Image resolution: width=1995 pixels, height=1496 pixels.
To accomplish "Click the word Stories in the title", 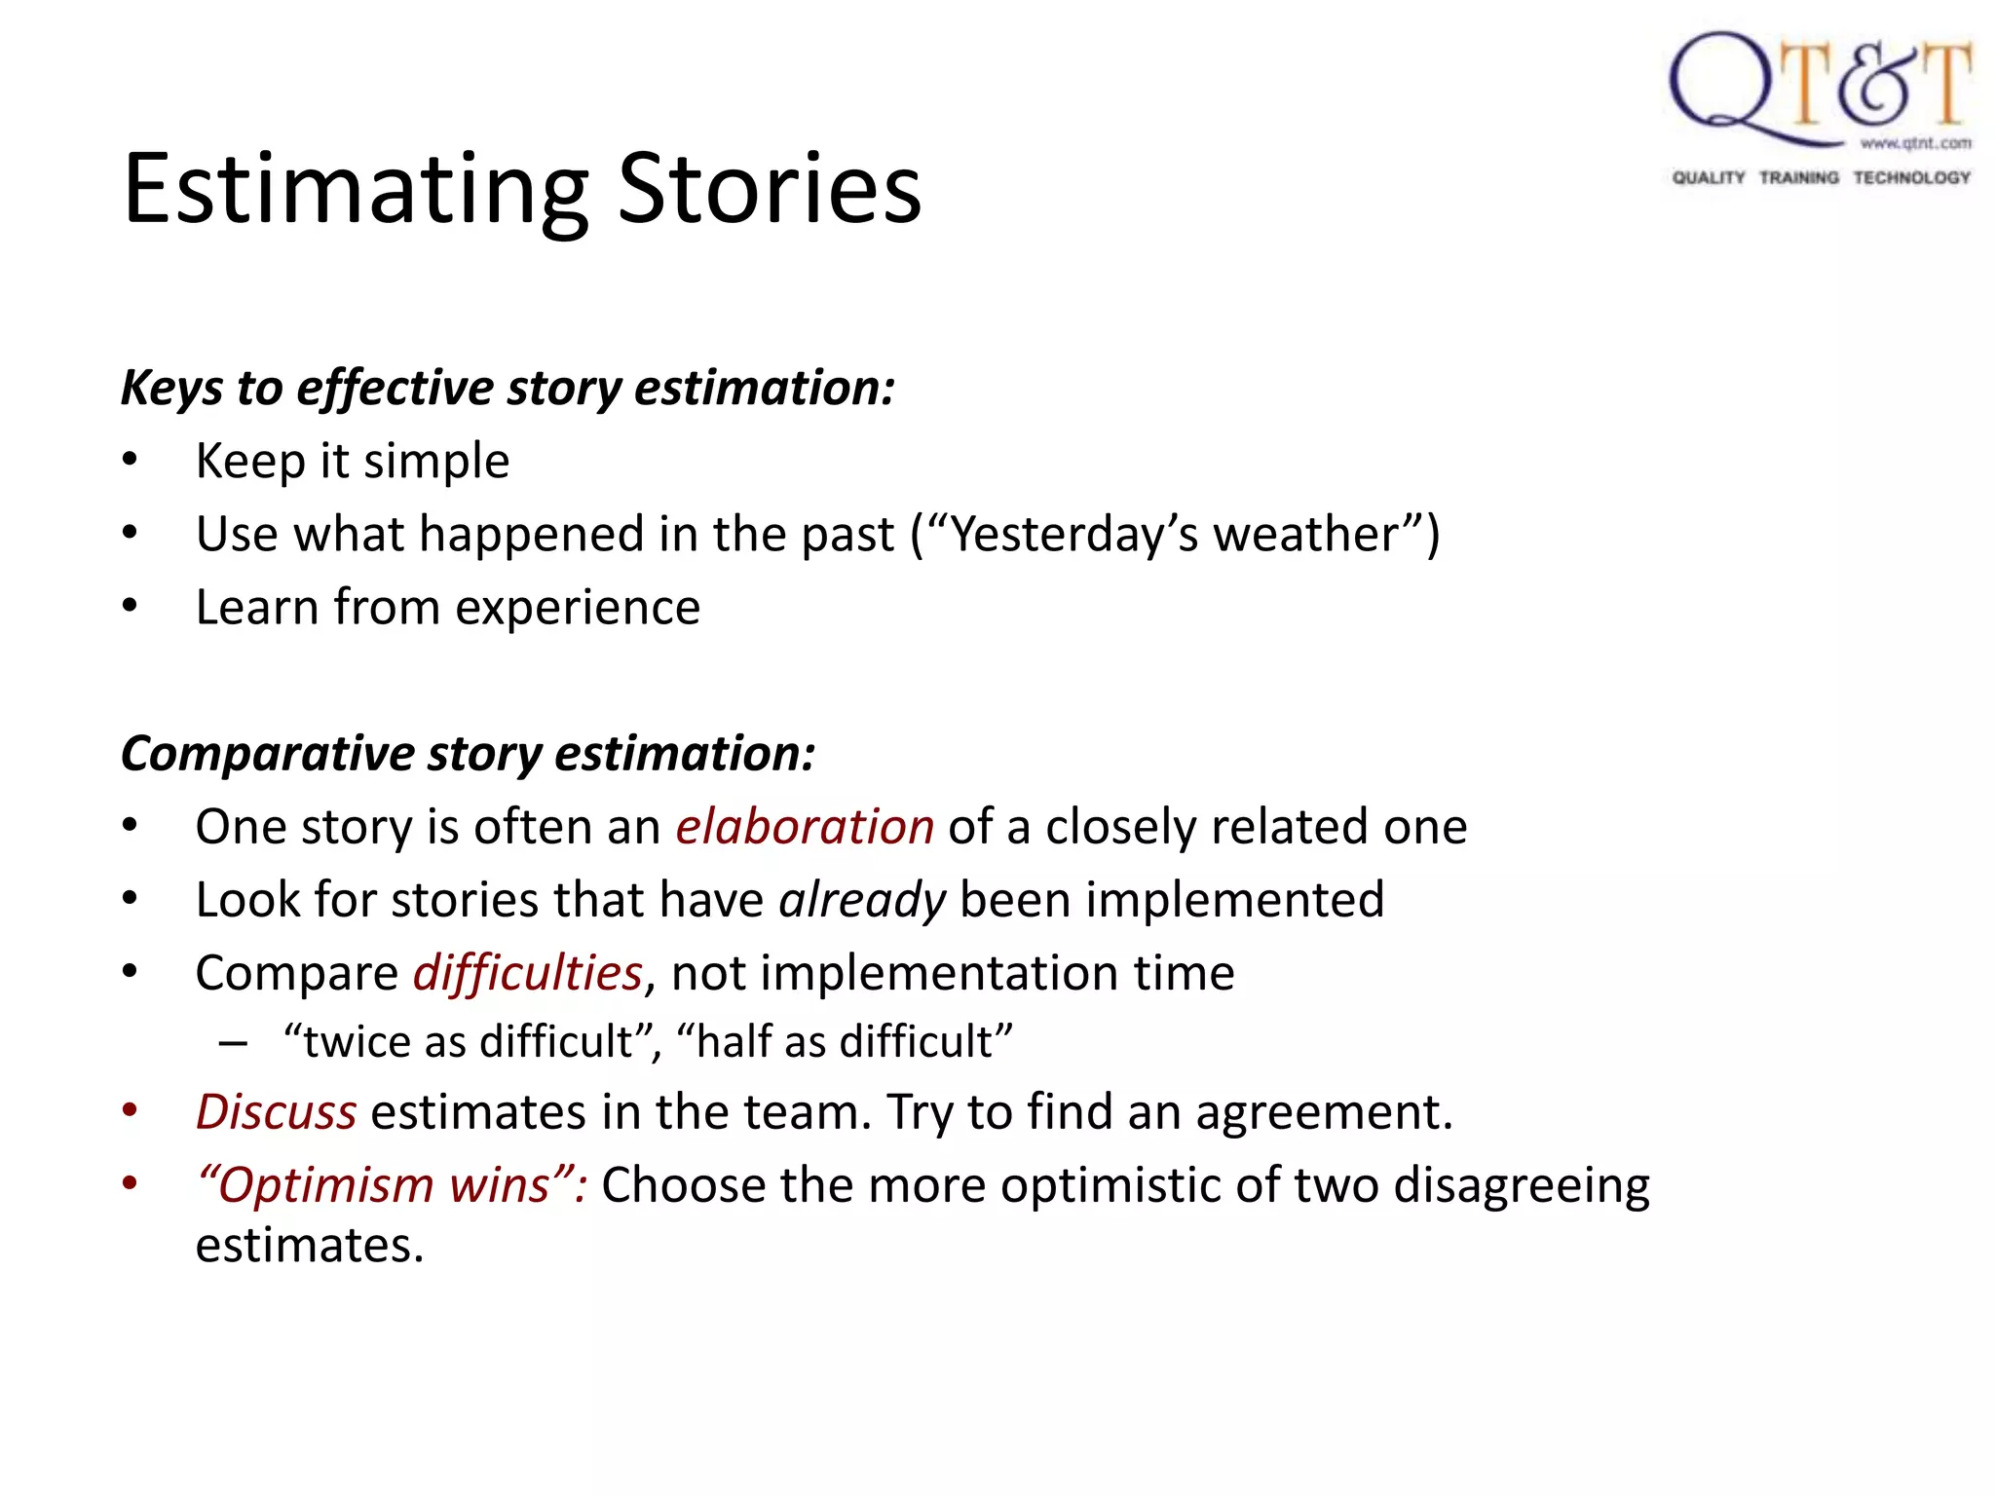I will (770, 189).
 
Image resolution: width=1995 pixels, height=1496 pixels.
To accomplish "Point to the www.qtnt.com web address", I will (1915, 143).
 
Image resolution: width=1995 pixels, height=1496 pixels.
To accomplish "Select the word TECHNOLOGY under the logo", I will (1911, 177).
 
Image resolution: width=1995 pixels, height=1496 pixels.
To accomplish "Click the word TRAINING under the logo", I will (1798, 177).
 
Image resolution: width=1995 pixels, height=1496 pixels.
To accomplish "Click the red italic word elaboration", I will (805, 827).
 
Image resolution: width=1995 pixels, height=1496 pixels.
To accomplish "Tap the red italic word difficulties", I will (528, 973).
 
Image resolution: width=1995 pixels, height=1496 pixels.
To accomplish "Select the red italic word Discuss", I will (277, 1112).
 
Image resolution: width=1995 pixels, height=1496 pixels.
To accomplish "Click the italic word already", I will (862, 900).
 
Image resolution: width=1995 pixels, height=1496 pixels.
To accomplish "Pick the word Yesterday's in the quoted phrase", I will (1073, 535).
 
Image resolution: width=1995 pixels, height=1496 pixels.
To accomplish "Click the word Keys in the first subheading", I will (172, 388).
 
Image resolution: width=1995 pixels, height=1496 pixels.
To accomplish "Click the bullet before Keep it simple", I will (131, 461).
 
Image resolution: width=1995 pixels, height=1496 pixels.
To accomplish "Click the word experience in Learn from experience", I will (578, 608).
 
